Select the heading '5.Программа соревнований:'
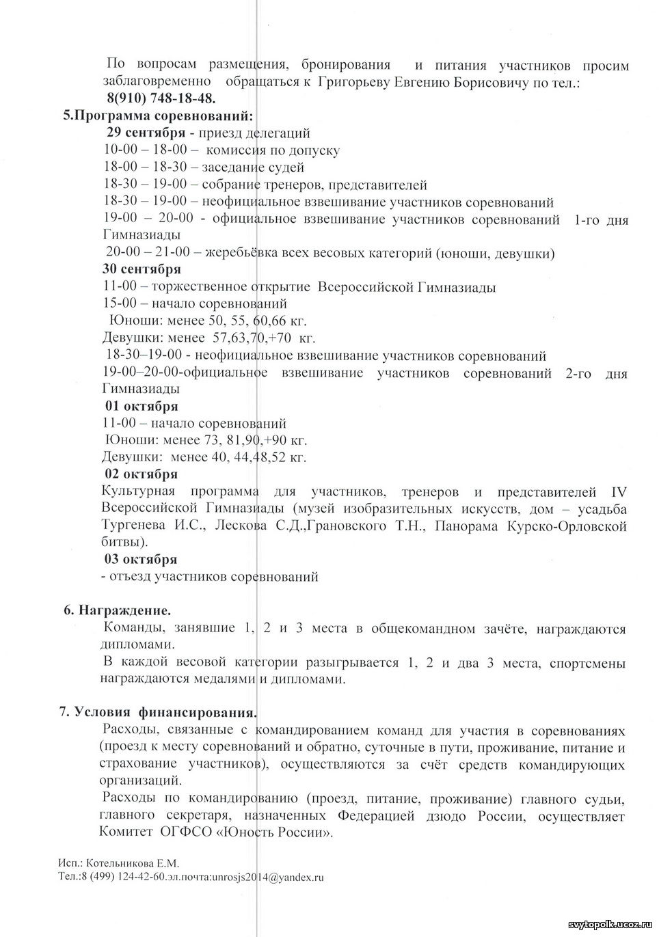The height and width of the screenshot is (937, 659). point(159,115)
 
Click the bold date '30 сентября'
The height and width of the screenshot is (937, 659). point(142,269)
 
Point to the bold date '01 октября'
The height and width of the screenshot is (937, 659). point(142,406)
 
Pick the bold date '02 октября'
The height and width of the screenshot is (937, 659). point(141,474)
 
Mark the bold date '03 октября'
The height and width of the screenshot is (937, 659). point(141,559)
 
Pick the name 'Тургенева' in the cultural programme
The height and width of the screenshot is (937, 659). point(132,526)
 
